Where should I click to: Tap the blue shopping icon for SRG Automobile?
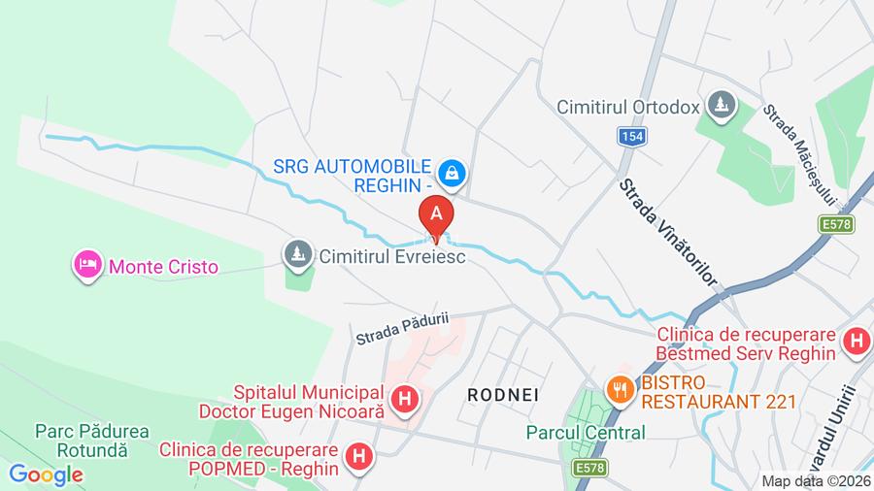point(452,174)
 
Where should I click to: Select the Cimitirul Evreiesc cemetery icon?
point(294,255)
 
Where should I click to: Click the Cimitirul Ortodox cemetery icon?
point(721,104)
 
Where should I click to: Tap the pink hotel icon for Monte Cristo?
point(88,265)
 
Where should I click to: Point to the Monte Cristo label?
point(163,266)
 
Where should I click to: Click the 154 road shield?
point(632,137)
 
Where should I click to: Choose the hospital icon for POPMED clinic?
point(359,455)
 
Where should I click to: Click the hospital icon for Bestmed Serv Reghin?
point(856,341)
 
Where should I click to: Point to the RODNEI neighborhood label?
point(503,395)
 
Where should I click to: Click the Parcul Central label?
point(586,433)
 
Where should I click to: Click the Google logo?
point(45,475)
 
